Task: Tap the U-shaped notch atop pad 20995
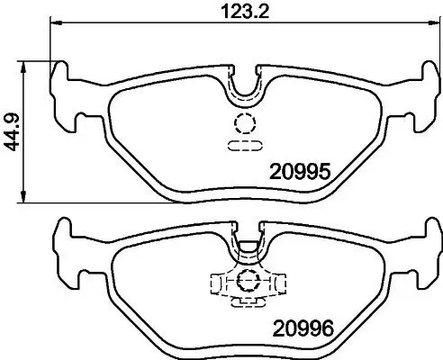pos(245,85)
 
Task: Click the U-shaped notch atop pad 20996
pos(245,247)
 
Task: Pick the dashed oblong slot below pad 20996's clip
pos(244,302)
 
